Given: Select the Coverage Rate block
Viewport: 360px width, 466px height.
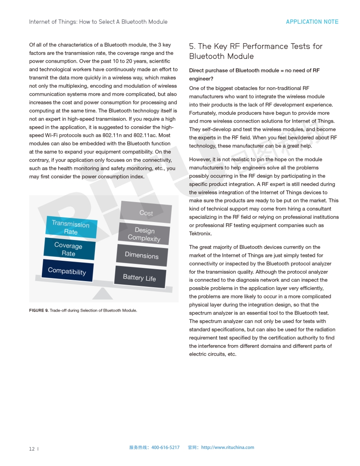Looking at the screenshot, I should click(69, 249).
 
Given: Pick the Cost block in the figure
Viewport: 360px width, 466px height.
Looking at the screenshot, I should click(146, 213).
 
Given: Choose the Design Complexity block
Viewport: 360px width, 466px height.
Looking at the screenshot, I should click(144, 234).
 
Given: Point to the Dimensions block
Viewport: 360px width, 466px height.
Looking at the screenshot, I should click(142, 256).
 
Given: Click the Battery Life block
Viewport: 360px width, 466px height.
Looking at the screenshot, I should click(139, 277).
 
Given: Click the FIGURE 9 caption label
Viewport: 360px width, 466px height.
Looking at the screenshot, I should click(39, 311).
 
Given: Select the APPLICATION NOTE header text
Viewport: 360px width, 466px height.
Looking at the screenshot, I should click(312, 22).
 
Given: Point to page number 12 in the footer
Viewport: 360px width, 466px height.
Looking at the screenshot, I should click(32, 449).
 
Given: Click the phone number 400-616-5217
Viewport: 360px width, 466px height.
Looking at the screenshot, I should click(165, 447).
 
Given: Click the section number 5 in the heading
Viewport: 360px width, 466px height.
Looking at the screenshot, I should click(192, 46).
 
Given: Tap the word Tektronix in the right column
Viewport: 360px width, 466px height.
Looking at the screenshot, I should click(200, 233).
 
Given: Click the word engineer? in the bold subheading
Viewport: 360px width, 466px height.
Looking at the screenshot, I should click(201, 79).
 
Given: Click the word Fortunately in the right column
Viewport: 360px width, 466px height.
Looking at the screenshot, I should click(203, 113).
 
